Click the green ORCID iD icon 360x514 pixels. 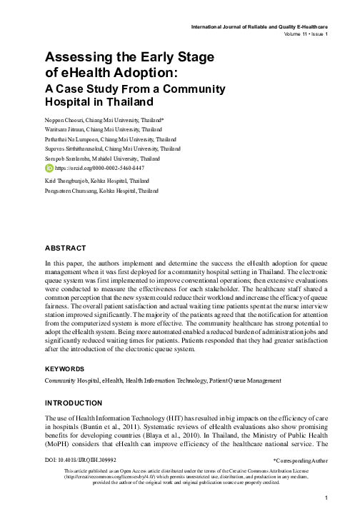point(49,168)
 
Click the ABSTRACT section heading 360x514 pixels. point(65,248)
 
